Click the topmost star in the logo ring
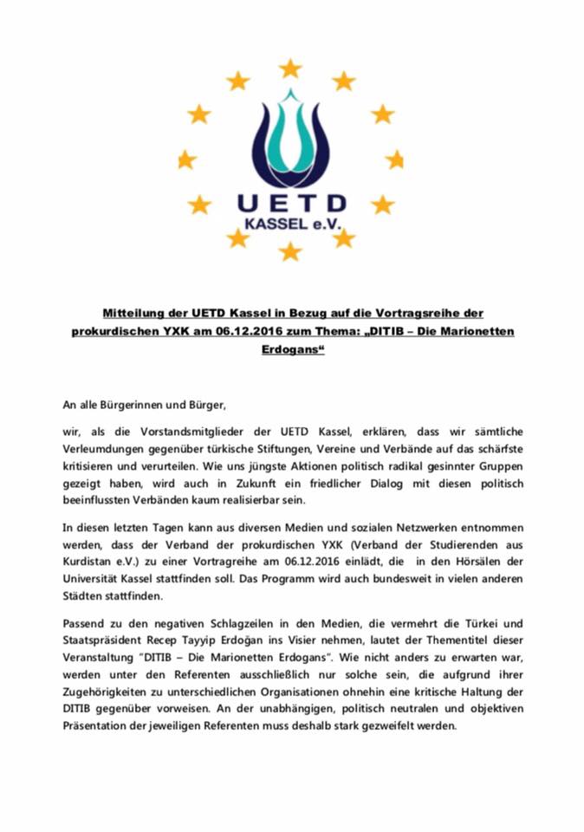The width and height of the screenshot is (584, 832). (290, 68)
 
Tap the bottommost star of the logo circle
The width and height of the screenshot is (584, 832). (290, 251)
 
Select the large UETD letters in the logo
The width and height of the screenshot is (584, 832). (292, 204)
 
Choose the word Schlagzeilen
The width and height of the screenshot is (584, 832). (230, 624)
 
